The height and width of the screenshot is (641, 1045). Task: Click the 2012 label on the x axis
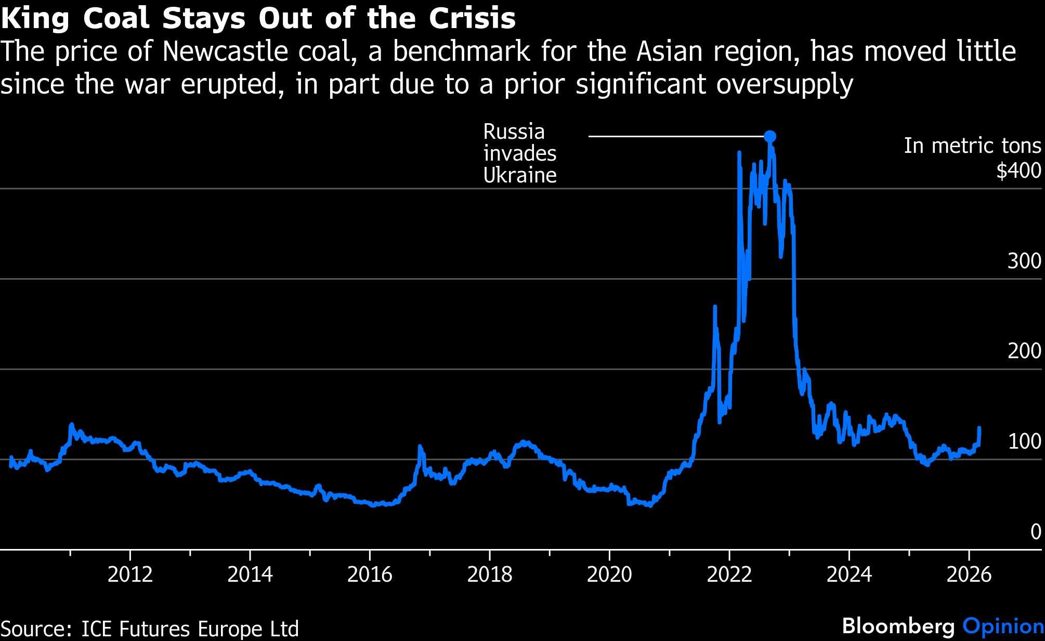pyautogui.click(x=130, y=574)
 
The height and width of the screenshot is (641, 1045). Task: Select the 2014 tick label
pyautogui.click(x=250, y=574)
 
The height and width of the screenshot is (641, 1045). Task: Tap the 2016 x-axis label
pyautogui.click(x=370, y=574)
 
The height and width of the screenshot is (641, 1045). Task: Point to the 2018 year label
pyautogui.click(x=490, y=574)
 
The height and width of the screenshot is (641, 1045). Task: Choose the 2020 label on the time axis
pyautogui.click(x=609, y=574)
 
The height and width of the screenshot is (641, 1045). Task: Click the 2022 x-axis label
pyautogui.click(x=729, y=574)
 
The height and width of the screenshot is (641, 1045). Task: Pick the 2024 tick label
pyautogui.click(x=849, y=574)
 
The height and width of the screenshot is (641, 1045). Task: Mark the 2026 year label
pyautogui.click(x=969, y=574)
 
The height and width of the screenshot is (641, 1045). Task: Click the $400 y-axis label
pyautogui.click(x=1018, y=171)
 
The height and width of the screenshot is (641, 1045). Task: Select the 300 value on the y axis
pyautogui.click(x=1024, y=261)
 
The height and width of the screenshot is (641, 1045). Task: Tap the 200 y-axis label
pyautogui.click(x=1024, y=351)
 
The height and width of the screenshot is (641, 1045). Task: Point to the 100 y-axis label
pyautogui.click(x=1024, y=441)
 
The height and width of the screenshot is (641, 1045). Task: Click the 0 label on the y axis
pyautogui.click(x=1036, y=532)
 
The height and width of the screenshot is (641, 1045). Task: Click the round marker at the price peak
pyautogui.click(x=770, y=137)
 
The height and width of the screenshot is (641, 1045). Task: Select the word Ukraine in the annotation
pyautogui.click(x=520, y=176)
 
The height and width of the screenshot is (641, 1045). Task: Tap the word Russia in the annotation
pyautogui.click(x=514, y=132)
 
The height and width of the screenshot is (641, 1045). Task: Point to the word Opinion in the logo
pyautogui.click(x=1003, y=626)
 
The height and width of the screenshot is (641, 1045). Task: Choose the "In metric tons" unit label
pyautogui.click(x=972, y=146)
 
